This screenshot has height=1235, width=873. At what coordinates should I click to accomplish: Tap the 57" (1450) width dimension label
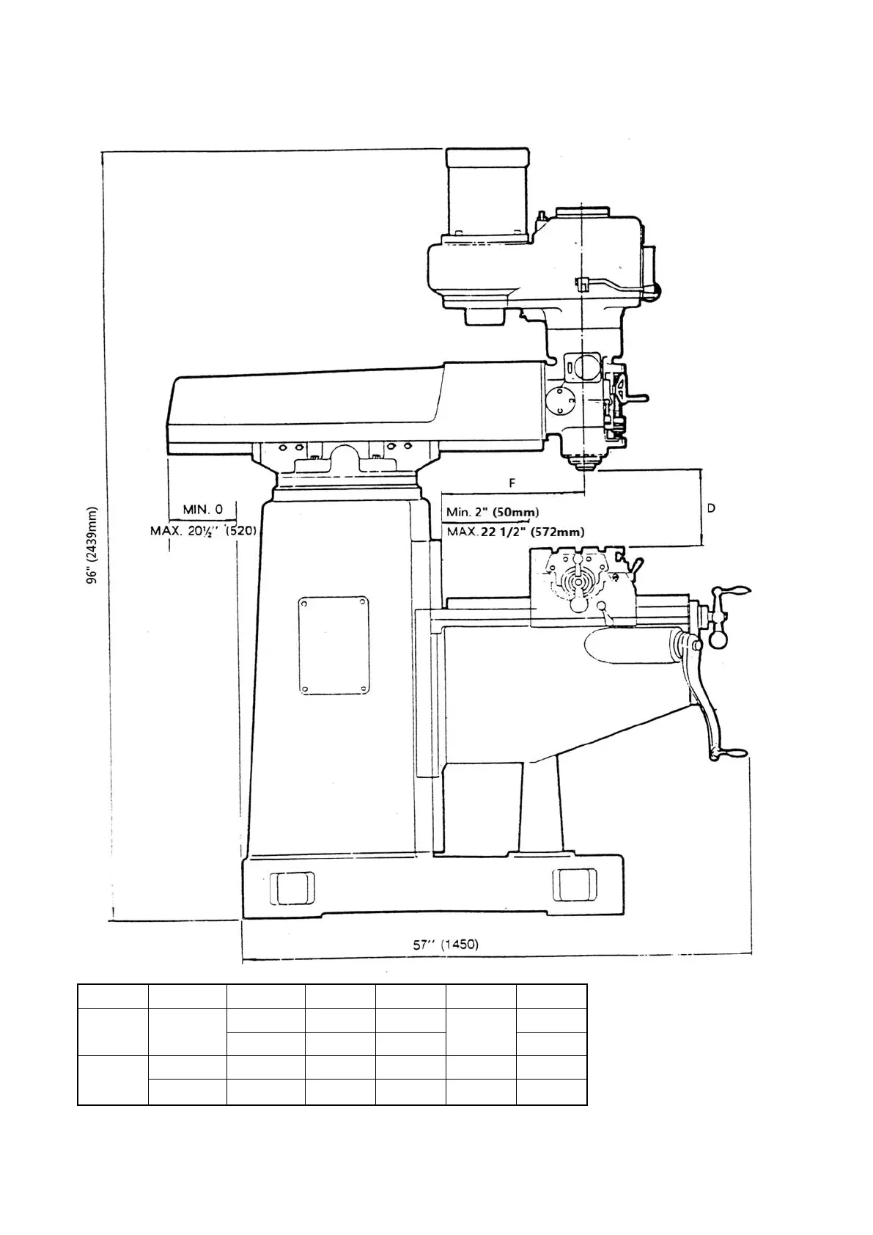[x=446, y=944]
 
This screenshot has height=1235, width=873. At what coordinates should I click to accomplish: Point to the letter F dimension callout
[x=512, y=483]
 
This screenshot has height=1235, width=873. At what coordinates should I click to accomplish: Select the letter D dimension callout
[x=711, y=507]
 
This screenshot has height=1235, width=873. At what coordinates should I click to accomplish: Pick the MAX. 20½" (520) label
[x=203, y=530]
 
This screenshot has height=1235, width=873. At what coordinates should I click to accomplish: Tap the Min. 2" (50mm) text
[x=493, y=512]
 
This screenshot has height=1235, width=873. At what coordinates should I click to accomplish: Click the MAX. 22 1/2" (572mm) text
[x=515, y=532]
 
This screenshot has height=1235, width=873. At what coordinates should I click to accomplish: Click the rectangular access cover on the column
[x=334, y=645]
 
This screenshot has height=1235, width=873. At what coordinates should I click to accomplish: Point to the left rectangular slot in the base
[x=292, y=887]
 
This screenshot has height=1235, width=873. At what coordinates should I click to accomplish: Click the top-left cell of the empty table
[x=113, y=997]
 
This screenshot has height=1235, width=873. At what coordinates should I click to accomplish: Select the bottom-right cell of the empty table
[x=551, y=1091]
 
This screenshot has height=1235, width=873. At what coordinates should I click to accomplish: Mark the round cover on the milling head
[x=561, y=400]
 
